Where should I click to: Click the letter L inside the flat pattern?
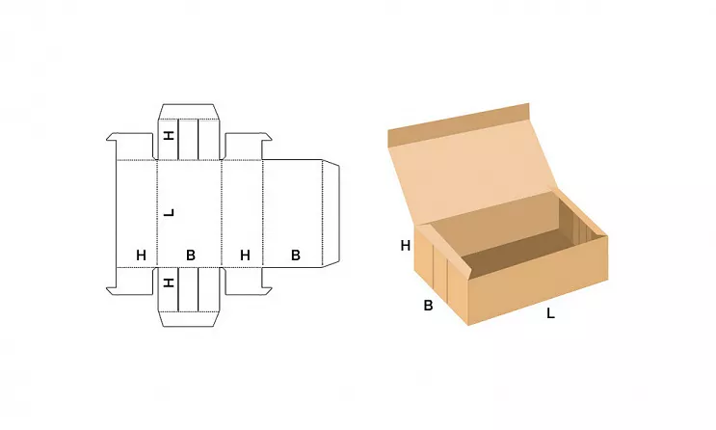click(170, 213)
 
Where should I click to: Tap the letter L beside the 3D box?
click(550, 313)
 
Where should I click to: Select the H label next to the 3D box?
click(406, 246)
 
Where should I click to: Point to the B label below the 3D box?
click(428, 306)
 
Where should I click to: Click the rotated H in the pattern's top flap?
click(170, 135)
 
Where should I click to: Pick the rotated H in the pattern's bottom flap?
click(170, 282)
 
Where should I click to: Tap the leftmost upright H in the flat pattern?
click(141, 255)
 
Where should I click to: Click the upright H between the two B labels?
click(245, 255)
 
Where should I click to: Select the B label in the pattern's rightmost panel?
click(296, 255)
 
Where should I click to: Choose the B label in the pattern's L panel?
click(191, 255)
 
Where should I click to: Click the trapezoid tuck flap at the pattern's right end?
click(331, 213)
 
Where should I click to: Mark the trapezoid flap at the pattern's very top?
click(189, 112)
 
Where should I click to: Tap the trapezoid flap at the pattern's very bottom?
click(189, 319)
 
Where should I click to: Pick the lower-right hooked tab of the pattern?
click(246, 281)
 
